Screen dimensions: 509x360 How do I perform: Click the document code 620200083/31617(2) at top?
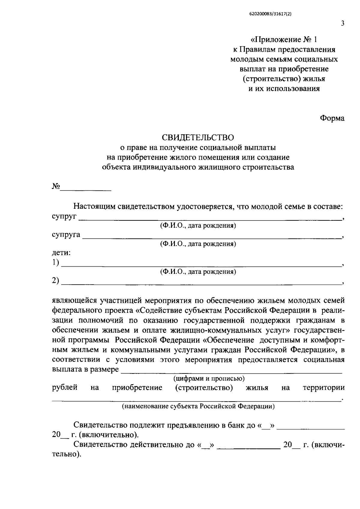pyautogui.click(x=270, y=14)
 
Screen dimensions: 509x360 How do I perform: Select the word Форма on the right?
pyautogui.click(x=332, y=118)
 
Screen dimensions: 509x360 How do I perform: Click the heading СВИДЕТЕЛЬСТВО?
pyautogui.click(x=198, y=137)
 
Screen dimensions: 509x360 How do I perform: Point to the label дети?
pyautogui.click(x=61, y=253)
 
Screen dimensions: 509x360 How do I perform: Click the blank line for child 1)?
pyautogui.click(x=201, y=264)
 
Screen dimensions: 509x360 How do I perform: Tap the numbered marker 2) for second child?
pyautogui.click(x=55, y=281)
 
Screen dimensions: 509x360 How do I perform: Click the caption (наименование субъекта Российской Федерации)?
pyautogui.click(x=198, y=406)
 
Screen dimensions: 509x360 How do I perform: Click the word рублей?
pyautogui.click(x=65, y=388)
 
